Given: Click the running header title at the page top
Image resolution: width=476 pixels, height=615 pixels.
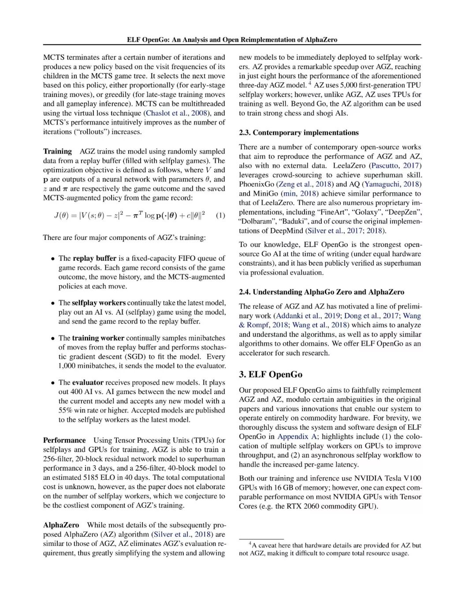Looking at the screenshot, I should point(232,40).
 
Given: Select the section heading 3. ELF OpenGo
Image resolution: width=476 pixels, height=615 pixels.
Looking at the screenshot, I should point(271,375).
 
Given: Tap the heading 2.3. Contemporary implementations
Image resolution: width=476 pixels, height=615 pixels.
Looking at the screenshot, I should point(298,133).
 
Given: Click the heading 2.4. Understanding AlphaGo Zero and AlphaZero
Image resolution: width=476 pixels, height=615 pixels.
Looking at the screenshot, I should point(321,292).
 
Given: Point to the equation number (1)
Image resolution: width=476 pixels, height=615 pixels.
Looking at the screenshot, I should point(220,215).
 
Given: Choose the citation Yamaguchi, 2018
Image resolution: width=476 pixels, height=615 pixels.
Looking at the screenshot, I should point(392,184).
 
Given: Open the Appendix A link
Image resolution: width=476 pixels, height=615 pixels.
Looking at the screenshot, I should point(293,436).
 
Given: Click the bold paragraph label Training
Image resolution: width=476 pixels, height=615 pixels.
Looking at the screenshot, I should point(57,151).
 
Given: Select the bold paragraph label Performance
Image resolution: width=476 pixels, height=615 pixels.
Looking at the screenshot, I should point(64,440).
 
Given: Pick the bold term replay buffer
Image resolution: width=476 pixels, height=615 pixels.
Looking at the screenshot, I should point(94,258).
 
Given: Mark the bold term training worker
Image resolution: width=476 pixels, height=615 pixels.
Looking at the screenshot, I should point(98,338).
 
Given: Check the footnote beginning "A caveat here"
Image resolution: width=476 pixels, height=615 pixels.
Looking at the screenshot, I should point(330,549).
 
